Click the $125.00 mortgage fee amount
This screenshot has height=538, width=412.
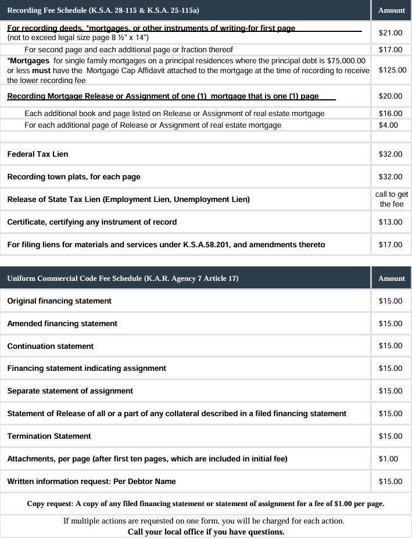coord(392,70)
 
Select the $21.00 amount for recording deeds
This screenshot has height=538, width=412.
coord(390,33)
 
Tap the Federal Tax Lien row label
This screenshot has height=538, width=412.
coord(38,154)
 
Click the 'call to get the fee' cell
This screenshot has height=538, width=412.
coord(391,199)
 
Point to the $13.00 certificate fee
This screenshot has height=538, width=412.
coord(390,222)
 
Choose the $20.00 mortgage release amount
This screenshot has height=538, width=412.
coord(390,96)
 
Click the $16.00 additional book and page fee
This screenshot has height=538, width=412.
coord(390,113)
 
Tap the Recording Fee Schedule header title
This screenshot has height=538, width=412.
coord(103,10)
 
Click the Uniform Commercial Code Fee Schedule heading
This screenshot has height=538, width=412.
coord(123,279)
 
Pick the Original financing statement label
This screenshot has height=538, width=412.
coord(59,301)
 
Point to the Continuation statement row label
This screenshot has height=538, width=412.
coord(51,346)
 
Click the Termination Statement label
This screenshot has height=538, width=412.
coord(49,436)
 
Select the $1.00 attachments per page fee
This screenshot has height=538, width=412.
coord(388,458)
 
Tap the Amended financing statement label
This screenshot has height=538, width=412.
coord(62,323)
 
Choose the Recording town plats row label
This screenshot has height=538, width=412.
coord(74,176)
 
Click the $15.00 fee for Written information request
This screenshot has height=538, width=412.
coord(390,481)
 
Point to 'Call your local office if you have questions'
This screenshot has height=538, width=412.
coord(206,532)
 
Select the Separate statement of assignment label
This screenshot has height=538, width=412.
coord(70,391)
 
